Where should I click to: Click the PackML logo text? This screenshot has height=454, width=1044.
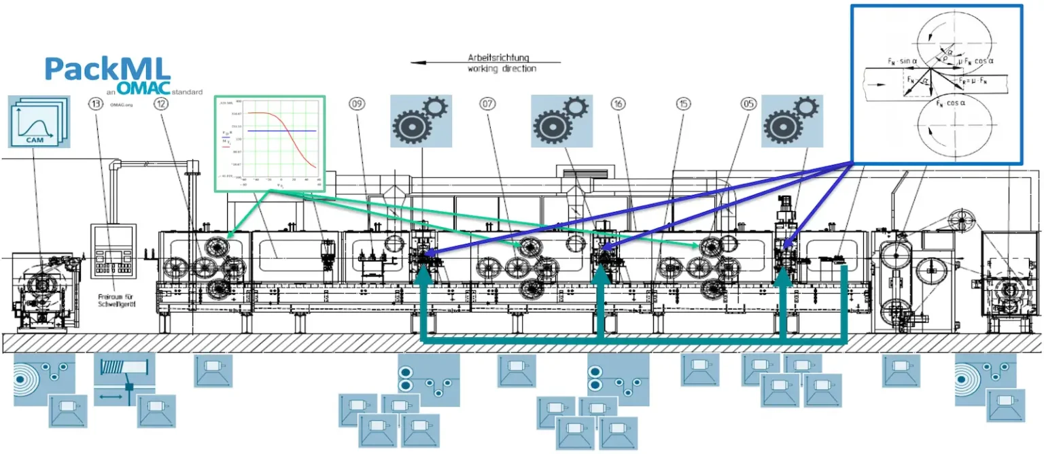[x=107, y=69]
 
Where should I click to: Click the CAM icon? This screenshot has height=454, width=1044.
[x=38, y=122]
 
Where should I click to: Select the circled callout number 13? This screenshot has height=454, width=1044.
[x=95, y=104]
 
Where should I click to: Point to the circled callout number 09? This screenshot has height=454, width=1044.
[x=357, y=104]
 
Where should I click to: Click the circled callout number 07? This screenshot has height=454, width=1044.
[x=487, y=104]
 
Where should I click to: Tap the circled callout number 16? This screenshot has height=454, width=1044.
[x=619, y=104]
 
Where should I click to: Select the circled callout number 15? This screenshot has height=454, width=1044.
[x=684, y=104]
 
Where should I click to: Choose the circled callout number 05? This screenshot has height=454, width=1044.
[x=748, y=104]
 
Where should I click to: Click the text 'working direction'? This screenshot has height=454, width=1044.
[x=502, y=69]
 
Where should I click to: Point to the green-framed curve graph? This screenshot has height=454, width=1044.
[x=270, y=143]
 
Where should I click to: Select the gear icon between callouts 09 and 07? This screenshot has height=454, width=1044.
[x=421, y=121]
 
